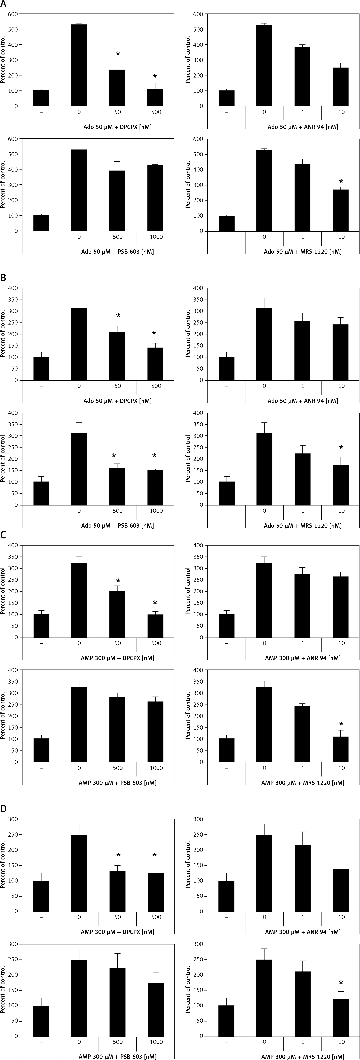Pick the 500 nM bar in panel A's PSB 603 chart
pos(117,200)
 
